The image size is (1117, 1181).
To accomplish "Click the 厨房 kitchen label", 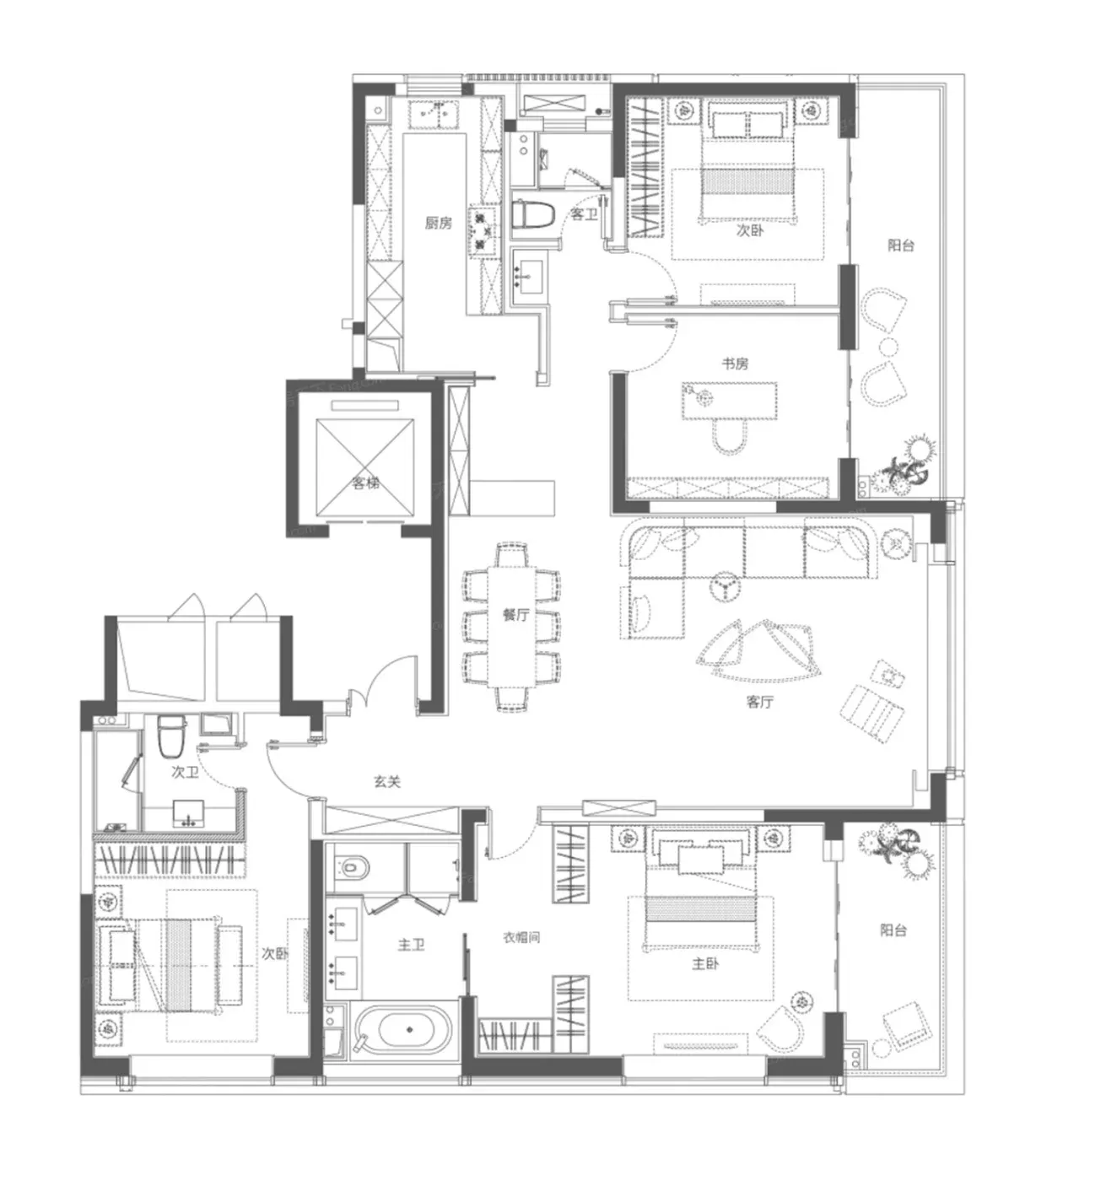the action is tap(438, 223).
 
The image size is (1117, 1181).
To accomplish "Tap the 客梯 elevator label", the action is tap(365, 483).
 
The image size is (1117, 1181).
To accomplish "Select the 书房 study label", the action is tap(735, 364).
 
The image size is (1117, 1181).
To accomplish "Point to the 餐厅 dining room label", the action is tap(516, 614).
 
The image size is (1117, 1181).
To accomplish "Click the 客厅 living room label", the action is tap(760, 702).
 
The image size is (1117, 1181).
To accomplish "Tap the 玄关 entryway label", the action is tap(387, 781).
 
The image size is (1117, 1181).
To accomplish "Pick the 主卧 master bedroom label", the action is tap(704, 963).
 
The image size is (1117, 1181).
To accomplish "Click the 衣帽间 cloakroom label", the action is tap(521, 937).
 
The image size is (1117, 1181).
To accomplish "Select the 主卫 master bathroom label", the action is tap(411, 945).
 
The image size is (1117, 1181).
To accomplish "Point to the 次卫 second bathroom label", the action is tap(185, 772).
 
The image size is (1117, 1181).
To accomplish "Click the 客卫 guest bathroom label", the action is tap(584, 214).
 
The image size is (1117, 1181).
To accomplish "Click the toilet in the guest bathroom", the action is tap(532, 214).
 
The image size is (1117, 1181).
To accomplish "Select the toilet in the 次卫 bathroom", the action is tap(172, 736).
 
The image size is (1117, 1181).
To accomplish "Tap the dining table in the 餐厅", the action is tap(512, 626).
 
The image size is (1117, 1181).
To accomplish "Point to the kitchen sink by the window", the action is tap(434, 114).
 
